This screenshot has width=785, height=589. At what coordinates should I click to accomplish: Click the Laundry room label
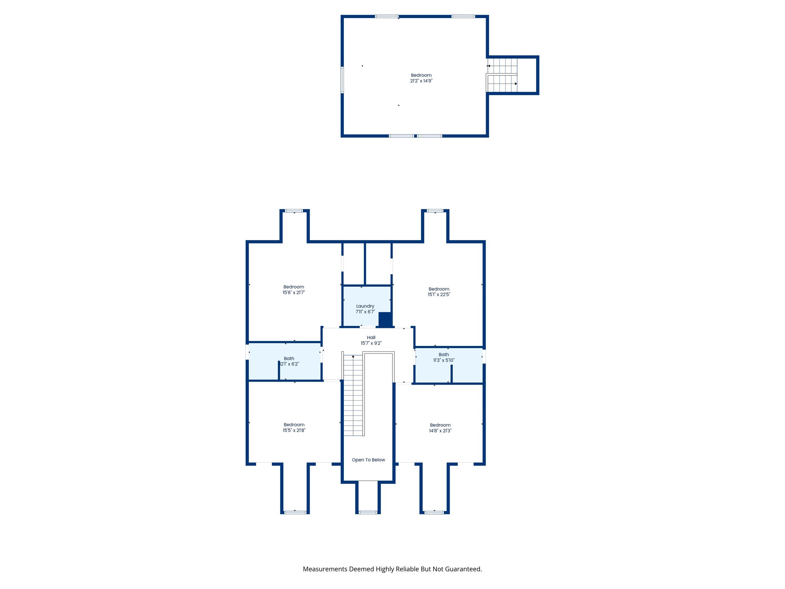365,306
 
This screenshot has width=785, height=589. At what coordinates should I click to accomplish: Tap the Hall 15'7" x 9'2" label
371,340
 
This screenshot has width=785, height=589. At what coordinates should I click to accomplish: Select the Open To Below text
368,460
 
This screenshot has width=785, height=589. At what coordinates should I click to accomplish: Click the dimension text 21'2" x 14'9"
421,81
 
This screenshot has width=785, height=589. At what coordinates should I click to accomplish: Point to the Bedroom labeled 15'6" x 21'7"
294,290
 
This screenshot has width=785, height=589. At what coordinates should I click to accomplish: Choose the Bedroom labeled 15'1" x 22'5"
439,291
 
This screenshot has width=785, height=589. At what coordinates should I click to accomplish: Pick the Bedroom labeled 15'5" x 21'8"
294,427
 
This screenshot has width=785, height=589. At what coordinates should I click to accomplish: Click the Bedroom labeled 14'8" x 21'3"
440,428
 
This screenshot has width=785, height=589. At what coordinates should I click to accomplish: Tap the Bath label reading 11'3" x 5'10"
443,357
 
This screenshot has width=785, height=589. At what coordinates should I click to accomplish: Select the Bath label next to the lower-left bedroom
289,361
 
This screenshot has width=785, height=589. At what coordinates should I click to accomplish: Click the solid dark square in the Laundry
385,319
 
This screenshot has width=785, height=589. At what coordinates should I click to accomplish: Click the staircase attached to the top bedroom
502,76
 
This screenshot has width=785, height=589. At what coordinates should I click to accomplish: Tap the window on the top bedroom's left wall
342,80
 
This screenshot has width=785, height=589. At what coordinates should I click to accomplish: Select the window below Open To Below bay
368,512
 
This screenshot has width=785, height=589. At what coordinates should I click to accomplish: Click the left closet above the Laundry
353,264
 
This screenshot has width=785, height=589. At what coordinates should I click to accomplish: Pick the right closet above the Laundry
378,264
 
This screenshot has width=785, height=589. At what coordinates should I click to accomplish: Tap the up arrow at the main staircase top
353,357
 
